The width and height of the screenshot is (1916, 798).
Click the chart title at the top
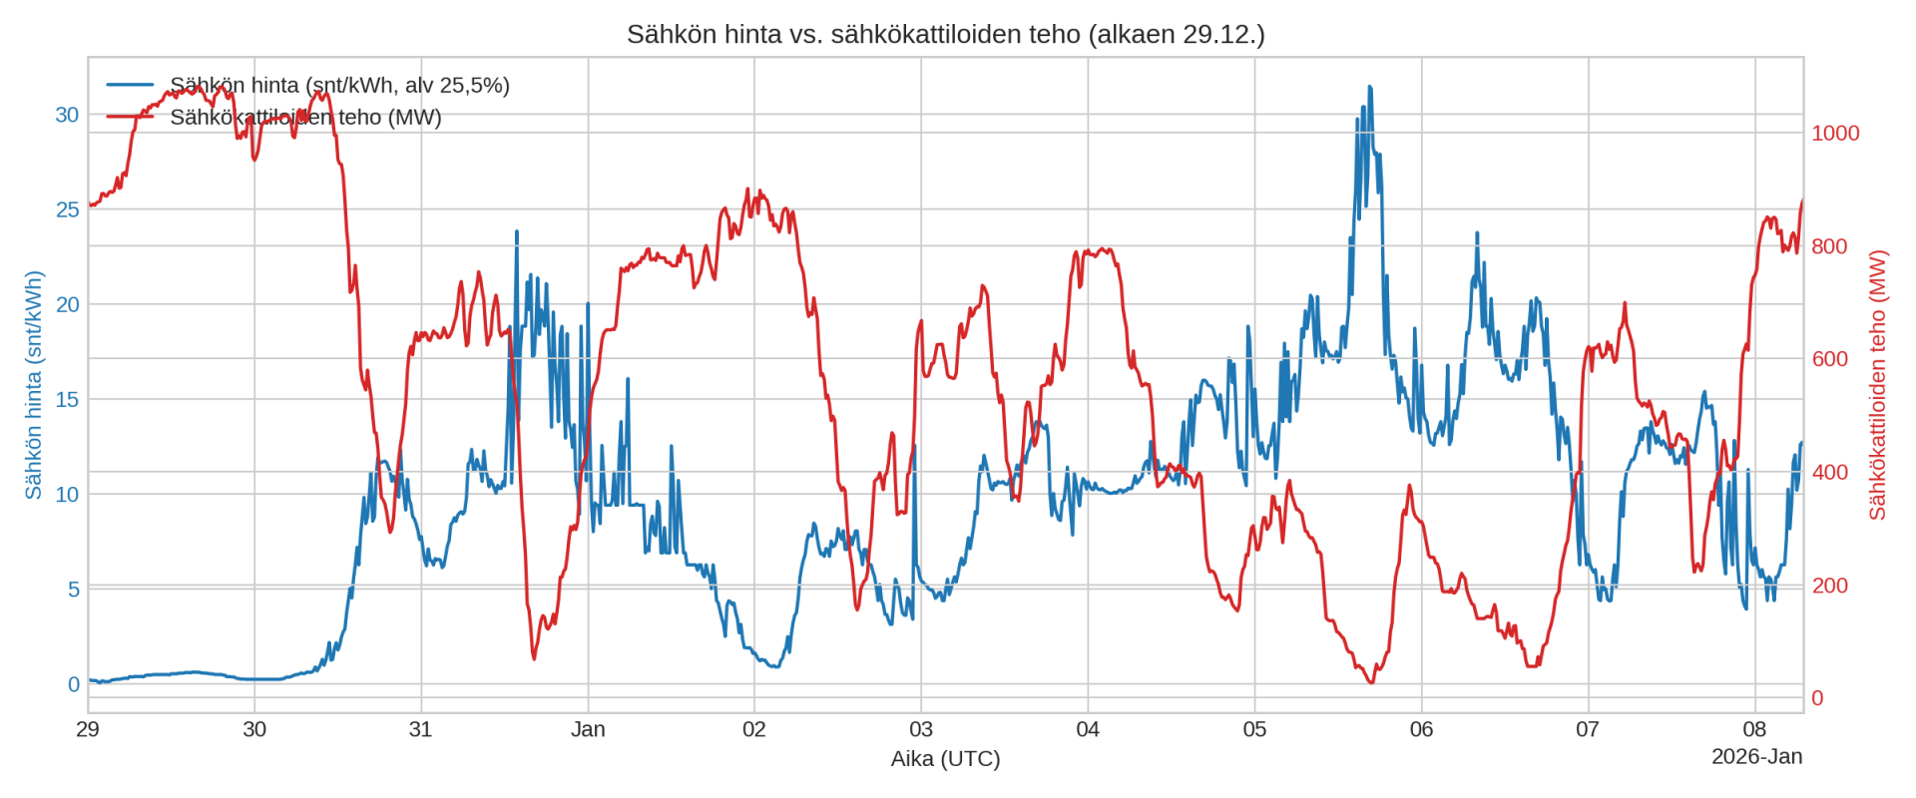pos(945,34)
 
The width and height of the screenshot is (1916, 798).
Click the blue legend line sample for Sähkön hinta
pos(130,86)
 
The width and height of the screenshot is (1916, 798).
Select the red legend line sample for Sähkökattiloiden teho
pos(130,117)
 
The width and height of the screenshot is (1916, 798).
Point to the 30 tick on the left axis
pos(67,115)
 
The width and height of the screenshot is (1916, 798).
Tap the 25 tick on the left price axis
pos(67,209)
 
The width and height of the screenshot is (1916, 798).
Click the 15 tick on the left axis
pos(67,399)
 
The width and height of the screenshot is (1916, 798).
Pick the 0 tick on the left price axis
pos(73,684)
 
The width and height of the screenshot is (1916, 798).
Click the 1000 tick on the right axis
pos(1835,134)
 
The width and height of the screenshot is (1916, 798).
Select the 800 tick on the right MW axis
pos(1829,246)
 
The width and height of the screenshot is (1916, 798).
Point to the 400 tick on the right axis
pos(1829,472)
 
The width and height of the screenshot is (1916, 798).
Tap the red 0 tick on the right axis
pos(1817,698)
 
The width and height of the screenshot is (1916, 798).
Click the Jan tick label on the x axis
pos(588,729)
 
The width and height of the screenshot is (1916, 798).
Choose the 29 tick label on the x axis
pos(88,729)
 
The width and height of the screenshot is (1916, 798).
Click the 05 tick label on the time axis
pos(1254,729)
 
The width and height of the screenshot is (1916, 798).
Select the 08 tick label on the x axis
pos(1754,729)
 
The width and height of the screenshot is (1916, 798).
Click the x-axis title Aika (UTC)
pos(945,759)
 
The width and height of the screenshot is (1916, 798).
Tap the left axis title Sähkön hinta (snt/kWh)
pos(33,385)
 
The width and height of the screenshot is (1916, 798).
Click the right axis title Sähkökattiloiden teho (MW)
pos(1877,385)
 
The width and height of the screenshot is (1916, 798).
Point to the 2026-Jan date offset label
pos(1756,757)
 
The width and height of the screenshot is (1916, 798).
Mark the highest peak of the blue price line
pos(1369,88)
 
